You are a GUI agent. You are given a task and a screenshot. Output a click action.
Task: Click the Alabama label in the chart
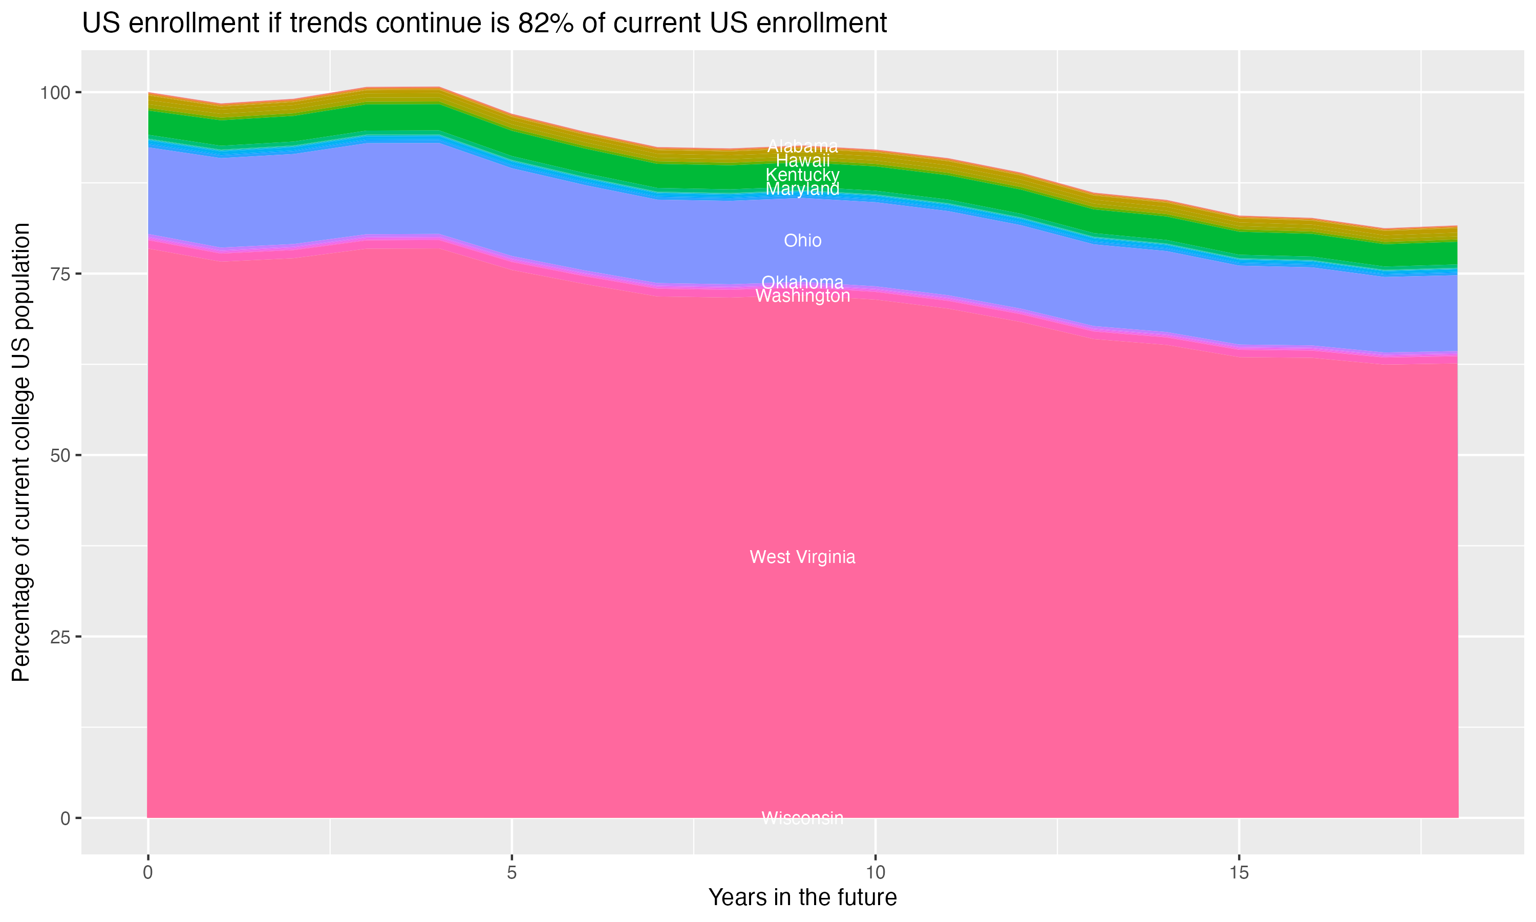pyautogui.click(x=802, y=146)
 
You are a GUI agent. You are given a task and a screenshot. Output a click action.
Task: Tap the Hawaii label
pyautogui.click(x=802, y=160)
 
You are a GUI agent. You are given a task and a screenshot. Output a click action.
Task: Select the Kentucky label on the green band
pyautogui.click(x=802, y=175)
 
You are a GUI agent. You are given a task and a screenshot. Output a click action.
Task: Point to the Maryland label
pyautogui.click(x=802, y=189)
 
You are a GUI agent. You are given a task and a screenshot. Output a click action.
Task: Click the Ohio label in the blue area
pyautogui.click(x=802, y=240)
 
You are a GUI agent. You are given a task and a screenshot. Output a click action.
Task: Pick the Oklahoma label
pyautogui.click(x=802, y=282)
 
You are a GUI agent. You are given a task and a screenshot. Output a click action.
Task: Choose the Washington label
pyautogui.click(x=802, y=296)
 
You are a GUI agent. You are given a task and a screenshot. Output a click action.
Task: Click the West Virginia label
pyautogui.click(x=802, y=557)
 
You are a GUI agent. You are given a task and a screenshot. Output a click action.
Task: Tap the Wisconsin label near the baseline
pyautogui.click(x=802, y=818)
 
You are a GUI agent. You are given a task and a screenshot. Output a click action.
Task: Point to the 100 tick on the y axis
pyautogui.click(x=55, y=93)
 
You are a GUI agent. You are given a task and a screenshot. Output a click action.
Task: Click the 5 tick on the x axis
pyautogui.click(x=511, y=873)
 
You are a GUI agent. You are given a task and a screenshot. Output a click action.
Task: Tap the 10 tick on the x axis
pyautogui.click(x=875, y=873)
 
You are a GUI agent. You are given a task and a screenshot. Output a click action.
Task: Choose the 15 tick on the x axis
pyautogui.click(x=1239, y=873)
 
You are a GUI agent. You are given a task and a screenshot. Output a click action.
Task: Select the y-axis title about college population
pyautogui.click(x=21, y=452)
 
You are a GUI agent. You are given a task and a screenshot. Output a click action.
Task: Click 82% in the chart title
pyautogui.click(x=545, y=24)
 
